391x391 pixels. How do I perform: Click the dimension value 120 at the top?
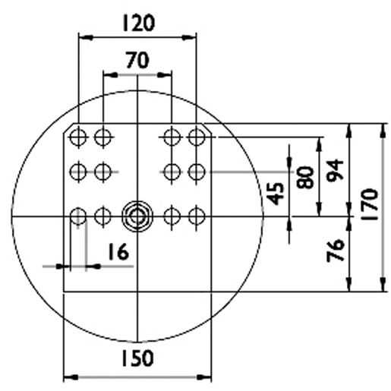[137, 23]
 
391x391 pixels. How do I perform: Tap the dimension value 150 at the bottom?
[137, 358]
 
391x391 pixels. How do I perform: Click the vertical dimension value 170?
[371, 203]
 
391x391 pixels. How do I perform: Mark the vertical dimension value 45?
[276, 195]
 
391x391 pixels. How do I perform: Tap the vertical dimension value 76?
[334, 251]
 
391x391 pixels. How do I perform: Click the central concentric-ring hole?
[137, 216]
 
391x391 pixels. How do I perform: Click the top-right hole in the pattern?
[197, 137]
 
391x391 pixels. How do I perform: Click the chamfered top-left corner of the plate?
[67, 128]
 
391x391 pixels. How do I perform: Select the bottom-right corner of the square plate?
[210, 292]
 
